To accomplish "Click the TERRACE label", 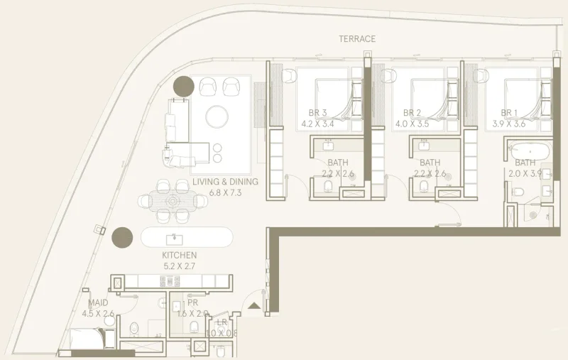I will (x=357, y=39).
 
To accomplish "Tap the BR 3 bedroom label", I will (x=318, y=113).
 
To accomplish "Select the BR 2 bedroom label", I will (x=413, y=113).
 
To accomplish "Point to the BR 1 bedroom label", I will (x=509, y=113).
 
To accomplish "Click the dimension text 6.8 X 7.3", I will (x=225, y=192).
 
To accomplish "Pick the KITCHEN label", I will (x=179, y=255).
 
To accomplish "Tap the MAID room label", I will (x=98, y=302).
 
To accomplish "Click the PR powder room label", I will (x=192, y=302).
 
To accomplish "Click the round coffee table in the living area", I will (x=217, y=115).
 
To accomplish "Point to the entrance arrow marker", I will (x=254, y=306).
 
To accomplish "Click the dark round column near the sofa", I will (x=184, y=86).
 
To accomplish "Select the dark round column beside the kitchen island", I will (x=123, y=236).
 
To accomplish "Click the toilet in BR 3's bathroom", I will (x=327, y=186).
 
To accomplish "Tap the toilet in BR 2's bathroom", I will (x=424, y=186).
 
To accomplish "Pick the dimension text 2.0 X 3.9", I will (x=525, y=173).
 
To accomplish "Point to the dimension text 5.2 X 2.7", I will (x=179, y=266).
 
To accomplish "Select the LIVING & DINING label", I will (x=225, y=182).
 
